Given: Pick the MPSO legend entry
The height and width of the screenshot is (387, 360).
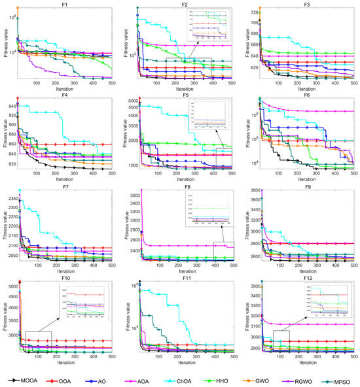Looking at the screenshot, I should tap(340, 379).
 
